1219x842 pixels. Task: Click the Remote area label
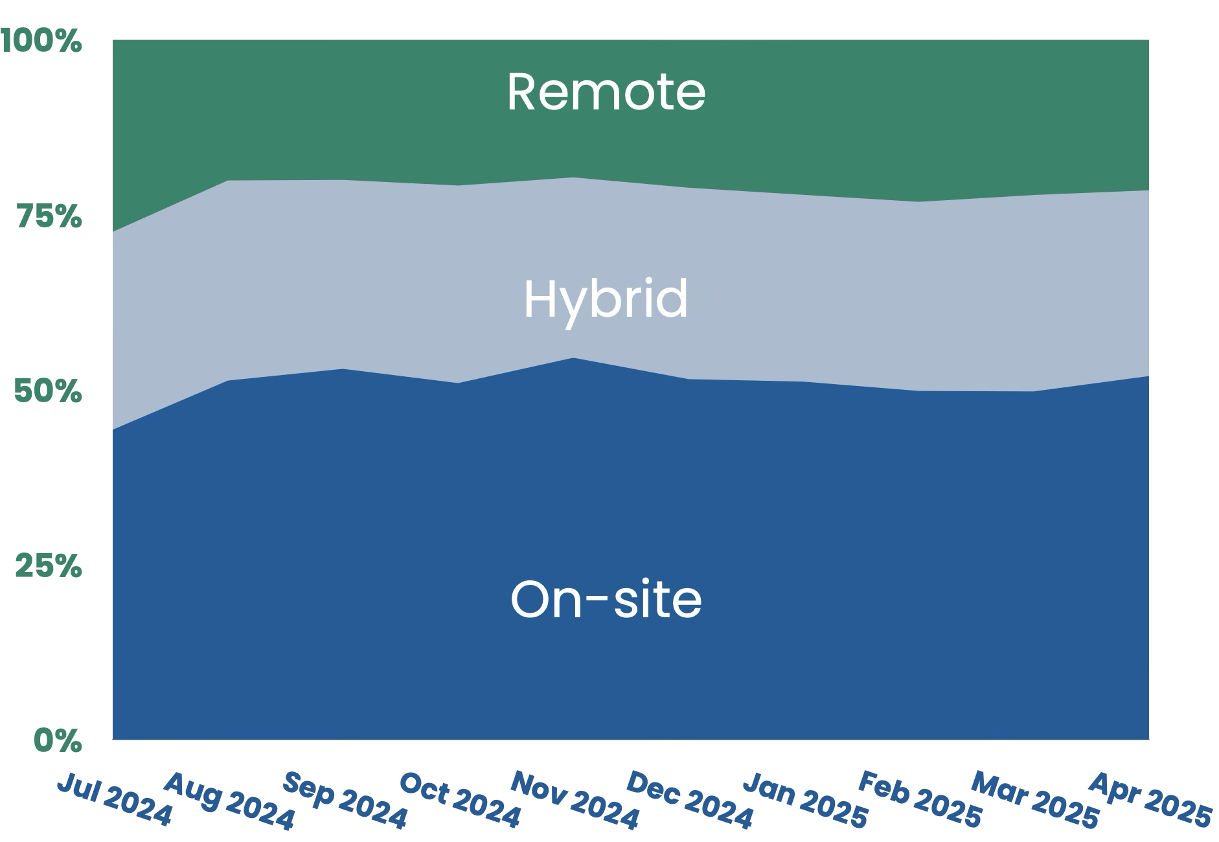click(x=606, y=92)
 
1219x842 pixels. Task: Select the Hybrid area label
click(x=606, y=299)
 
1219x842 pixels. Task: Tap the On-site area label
click(x=606, y=599)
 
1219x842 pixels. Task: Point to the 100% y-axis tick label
click(x=43, y=41)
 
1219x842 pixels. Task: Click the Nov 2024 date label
click(x=575, y=801)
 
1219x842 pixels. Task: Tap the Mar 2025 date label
click(x=1034, y=801)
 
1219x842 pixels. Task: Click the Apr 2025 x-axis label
click(x=1149, y=801)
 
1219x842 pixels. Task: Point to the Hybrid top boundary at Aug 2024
click(x=228, y=181)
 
